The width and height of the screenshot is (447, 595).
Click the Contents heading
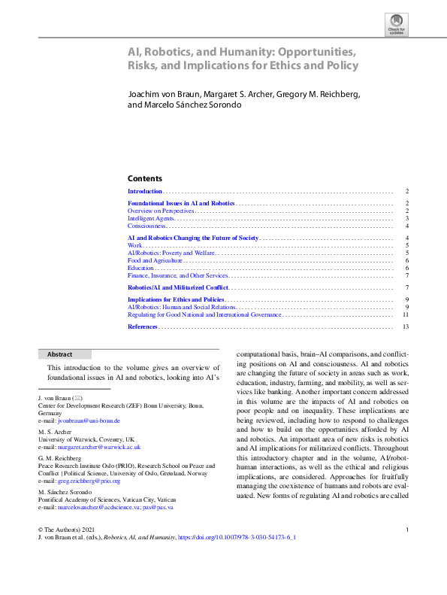pyautogui.click(x=144, y=178)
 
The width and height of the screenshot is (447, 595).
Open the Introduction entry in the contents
pyautogui.click(x=145, y=192)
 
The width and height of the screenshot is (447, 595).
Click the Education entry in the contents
pyautogui.click(x=140, y=268)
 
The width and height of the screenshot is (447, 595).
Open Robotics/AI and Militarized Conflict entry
pyautogui.click(x=177, y=287)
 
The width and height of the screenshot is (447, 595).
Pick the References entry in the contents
pyautogui.click(x=142, y=326)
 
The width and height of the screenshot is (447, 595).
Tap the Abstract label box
pyautogui.click(x=65, y=354)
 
